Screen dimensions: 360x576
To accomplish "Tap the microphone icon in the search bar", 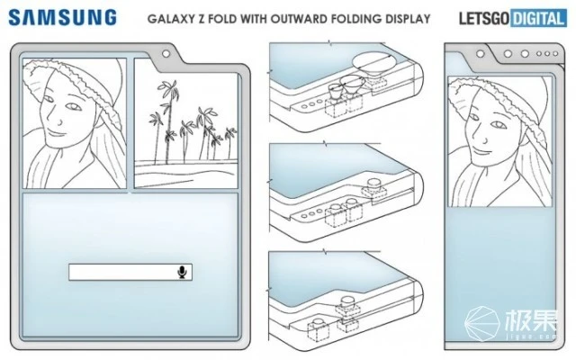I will click(x=183, y=273).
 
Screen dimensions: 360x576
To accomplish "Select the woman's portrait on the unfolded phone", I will click(x=74, y=123).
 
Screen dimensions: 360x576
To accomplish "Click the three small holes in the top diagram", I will click(x=310, y=104).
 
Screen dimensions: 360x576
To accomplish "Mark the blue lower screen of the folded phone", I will click(x=499, y=261).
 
